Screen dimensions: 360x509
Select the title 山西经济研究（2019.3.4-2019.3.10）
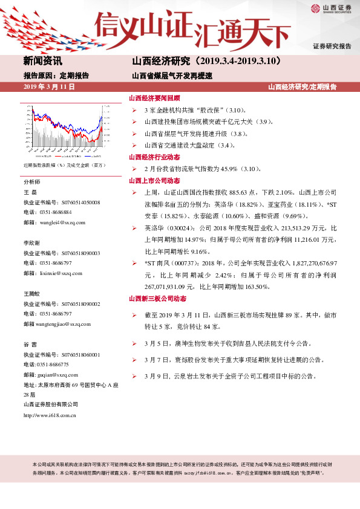point(206,61)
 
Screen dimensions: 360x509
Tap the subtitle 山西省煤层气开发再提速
point(172,76)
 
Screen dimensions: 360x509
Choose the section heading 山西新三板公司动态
point(157,299)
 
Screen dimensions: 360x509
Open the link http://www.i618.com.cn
point(50,415)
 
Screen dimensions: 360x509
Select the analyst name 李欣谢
point(32,242)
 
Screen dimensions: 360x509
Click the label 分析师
point(32,181)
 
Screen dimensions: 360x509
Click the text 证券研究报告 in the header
point(332,46)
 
